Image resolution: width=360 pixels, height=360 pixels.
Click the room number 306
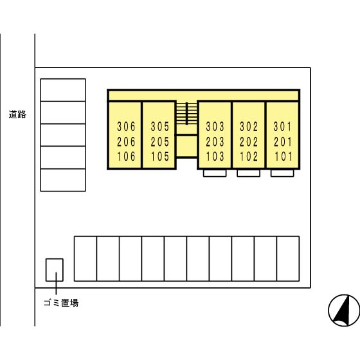(126, 127)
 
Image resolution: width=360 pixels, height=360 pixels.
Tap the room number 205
(160, 141)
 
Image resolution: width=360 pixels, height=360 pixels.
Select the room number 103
(215, 157)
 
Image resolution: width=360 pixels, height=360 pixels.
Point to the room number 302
(249, 127)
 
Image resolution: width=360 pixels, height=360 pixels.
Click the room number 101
(283, 157)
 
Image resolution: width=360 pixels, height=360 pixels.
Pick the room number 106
(126, 157)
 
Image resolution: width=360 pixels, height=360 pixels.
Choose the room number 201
(283, 141)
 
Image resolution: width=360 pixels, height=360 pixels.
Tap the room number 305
(160, 127)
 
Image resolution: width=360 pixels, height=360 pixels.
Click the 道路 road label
(17, 114)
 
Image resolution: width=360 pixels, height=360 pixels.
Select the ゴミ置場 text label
(61, 303)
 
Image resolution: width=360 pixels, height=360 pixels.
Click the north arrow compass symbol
(344, 310)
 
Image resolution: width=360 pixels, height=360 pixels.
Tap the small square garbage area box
(55, 270)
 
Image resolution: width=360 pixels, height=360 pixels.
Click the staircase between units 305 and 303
(186, 113)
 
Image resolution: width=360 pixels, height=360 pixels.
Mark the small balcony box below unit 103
(215, 173)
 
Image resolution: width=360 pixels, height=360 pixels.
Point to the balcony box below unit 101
(282, 173)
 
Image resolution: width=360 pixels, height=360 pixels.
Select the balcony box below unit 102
(248, 173)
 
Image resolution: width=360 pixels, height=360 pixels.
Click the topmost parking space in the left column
(63, 90)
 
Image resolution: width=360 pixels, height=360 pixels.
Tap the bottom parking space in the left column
(63, 180)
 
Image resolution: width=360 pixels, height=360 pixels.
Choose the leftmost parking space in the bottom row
(85, 258)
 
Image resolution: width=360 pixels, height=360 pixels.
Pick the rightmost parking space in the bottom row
(288, 258)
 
